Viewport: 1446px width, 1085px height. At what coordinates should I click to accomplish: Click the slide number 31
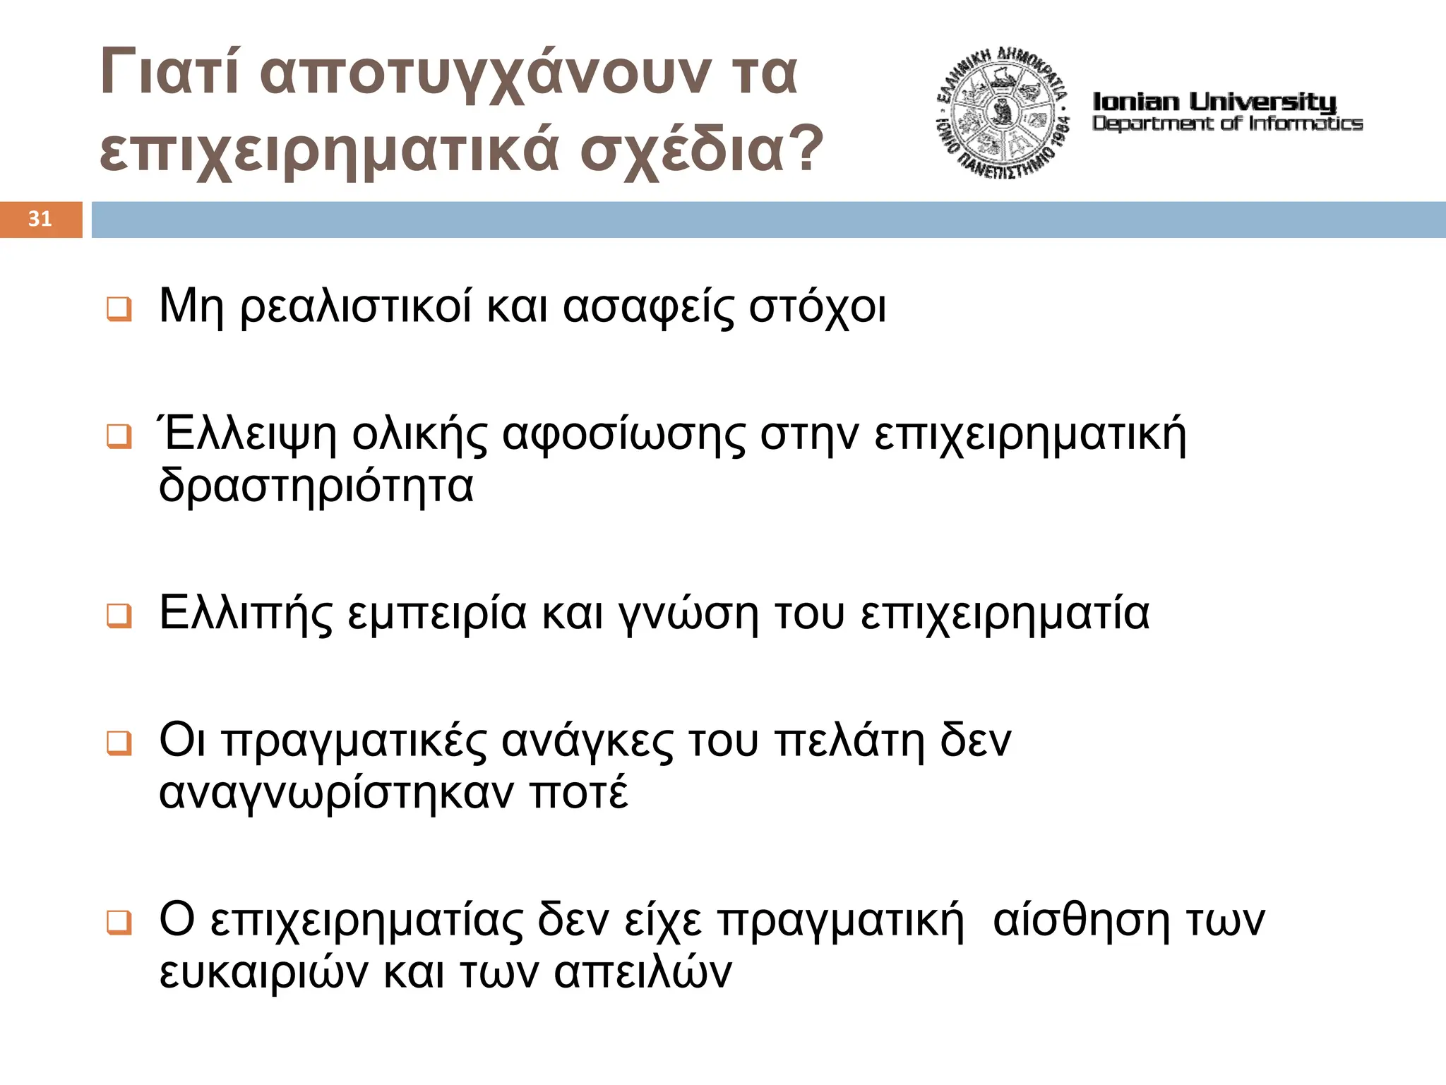[40, 219]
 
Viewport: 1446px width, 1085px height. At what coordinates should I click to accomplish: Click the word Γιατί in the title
[170, 72]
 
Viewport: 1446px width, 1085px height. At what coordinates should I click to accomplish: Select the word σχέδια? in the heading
[702, 150]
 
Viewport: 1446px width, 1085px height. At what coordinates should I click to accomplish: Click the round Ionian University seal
[1003, 113]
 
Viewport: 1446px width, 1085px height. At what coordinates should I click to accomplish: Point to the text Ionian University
[1214, 102]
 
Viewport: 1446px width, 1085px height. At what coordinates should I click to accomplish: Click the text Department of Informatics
[1227, 124]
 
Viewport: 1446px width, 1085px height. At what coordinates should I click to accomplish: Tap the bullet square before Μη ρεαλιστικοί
[119, 309]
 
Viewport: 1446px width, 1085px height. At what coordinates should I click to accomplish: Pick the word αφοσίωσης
[623, 436]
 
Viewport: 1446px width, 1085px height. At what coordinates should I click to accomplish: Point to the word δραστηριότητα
[316, 487]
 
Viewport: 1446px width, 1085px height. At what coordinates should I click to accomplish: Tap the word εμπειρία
[437, 614]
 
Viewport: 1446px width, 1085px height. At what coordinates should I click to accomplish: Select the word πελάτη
[849, 741]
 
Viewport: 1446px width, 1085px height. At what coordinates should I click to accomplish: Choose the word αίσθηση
[1081, 920]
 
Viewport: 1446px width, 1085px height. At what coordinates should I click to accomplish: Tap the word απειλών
[643, 973]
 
